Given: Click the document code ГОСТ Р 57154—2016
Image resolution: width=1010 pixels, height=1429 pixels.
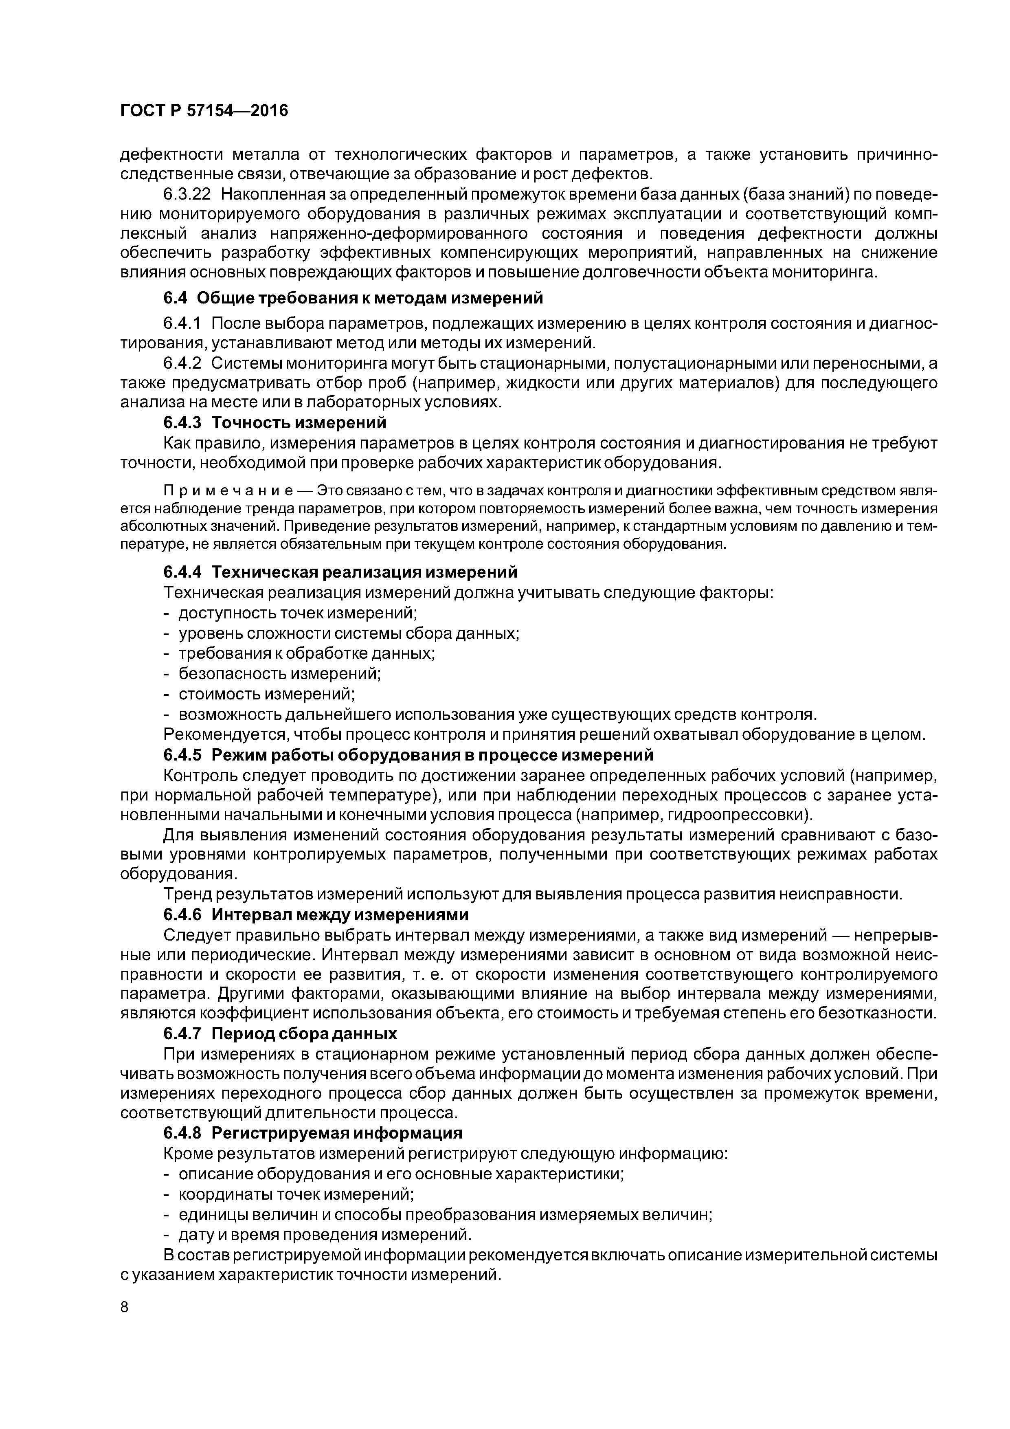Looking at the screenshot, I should pos(204,111).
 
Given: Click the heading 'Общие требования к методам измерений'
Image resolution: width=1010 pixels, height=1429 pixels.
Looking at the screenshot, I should pos(370,298).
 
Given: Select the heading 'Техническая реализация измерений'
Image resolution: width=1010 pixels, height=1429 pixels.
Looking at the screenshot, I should pos(364,572).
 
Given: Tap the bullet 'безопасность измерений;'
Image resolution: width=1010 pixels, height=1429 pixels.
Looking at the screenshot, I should pos(279,673).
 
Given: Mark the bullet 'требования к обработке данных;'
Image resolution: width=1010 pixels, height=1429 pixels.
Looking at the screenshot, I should pos(307,653).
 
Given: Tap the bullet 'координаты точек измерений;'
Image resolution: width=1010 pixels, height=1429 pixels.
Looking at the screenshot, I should pos(296,1194).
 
